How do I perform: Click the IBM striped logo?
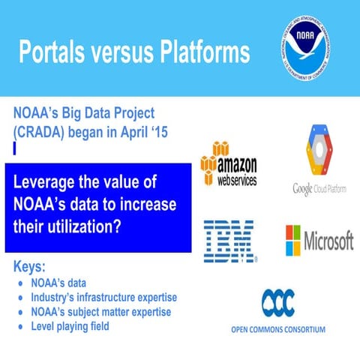point(229,241)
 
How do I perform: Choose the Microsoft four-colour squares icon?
point(293,241)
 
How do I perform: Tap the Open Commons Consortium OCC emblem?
point(277,302)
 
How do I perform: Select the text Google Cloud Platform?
point(319,188)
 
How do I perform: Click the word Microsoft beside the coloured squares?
point(328,241)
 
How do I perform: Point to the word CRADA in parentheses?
point(44,132)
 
